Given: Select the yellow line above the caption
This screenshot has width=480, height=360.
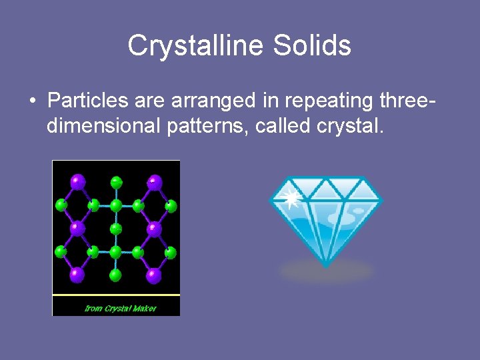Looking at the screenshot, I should click(x=116, y=294).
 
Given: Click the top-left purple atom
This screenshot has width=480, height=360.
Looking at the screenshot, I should click(x=78, y=180).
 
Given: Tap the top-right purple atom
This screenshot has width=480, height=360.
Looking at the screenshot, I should click(x=154, y=180).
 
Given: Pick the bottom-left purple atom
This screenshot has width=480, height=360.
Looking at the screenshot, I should click(x=78, y=273).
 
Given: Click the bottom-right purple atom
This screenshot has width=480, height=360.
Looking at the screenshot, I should click(x=154, y=273).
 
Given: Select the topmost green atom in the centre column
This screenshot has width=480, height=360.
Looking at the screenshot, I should click(x=116, y=181).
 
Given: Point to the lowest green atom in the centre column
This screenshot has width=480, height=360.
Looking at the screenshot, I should click(x=116, y=274).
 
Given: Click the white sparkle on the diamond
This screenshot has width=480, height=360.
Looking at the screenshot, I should click(x=291, y=197).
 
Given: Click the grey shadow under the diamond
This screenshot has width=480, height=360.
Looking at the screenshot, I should click(x=326, y=271).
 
